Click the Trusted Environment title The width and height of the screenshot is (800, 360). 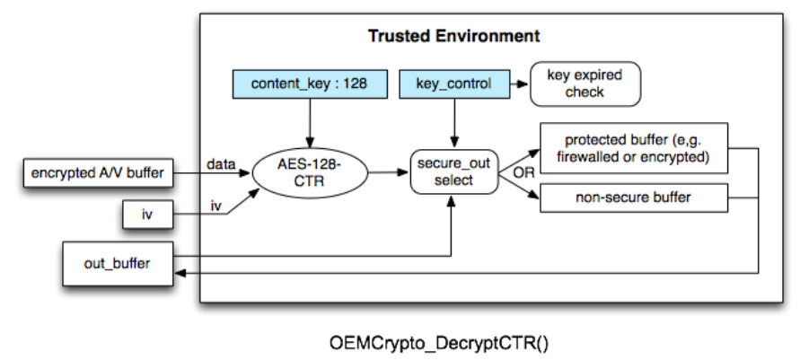[x=453, y=37]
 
